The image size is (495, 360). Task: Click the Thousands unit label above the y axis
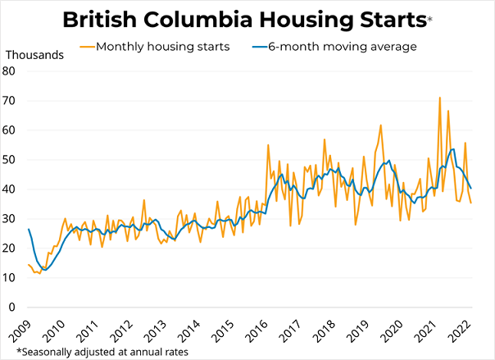coord(37,54)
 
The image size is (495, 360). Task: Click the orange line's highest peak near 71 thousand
coord(440,98)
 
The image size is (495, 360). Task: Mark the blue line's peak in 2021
coord(453,149)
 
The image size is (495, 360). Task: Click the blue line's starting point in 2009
coord(29,229)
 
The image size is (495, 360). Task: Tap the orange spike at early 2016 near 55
coord(269,145)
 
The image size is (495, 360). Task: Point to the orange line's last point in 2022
coord(471,203)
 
